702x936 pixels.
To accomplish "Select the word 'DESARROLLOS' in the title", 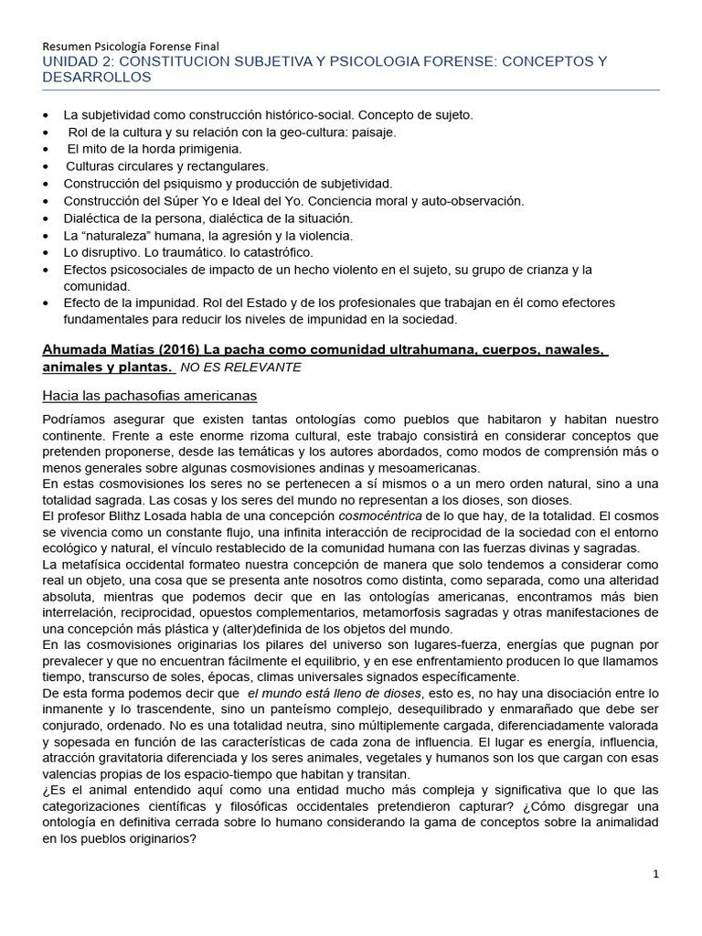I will coord(97,78).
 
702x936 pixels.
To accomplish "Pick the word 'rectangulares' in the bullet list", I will coord(226,165).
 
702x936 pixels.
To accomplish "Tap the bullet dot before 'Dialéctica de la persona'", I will coord(48,218).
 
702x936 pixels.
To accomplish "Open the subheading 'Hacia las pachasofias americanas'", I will coord(150,396).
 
